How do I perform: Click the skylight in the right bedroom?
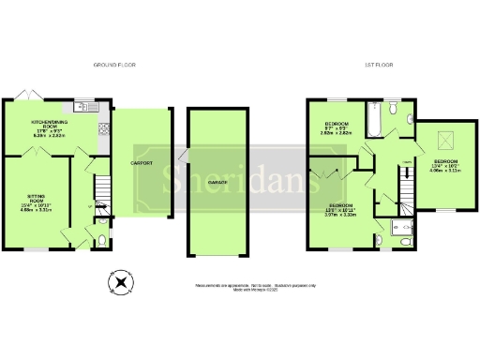tap(443, 140)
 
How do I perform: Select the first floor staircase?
tap(405, 195)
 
